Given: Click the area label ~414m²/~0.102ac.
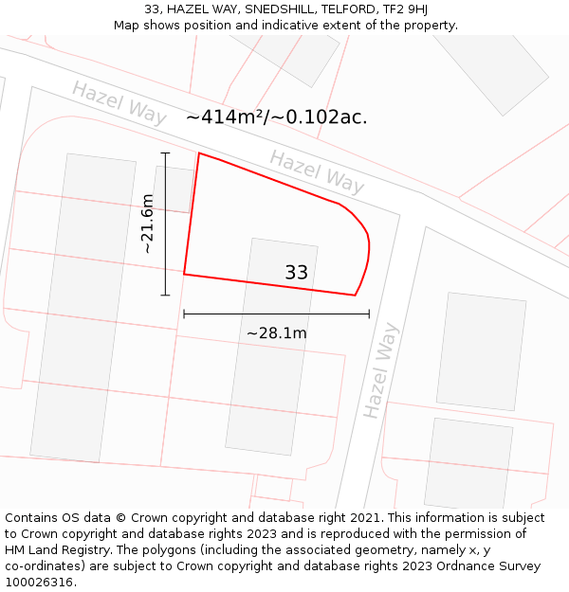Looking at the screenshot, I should [x=276, y=117].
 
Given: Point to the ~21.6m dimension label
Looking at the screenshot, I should [x=147, y=224].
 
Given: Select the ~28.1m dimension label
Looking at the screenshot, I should [x=276, y=333].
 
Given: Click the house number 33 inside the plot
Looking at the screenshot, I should [x=296, y=273].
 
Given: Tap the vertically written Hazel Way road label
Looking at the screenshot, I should [x=381, y=370].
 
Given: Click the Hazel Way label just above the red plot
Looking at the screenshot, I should [x=316, y=171].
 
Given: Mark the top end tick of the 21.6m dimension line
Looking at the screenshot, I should [x=165, y=152].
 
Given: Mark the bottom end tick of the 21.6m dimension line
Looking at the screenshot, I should [x=165, y=295].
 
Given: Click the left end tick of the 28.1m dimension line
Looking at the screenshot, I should [x=184, y=314].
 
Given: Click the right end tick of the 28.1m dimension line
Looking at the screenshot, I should [x=369, y=314].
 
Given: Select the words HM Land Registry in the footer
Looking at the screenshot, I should [x=58, y=550].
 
